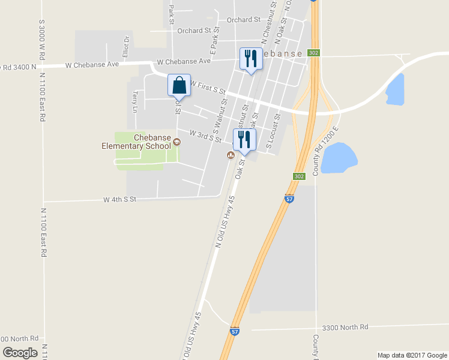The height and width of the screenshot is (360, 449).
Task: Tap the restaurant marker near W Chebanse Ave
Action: (250, 59)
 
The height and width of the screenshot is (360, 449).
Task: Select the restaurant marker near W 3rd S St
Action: (244, 140)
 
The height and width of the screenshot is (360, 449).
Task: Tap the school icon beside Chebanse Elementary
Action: (177, 142)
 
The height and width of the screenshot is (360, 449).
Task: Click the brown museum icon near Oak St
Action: (230, 156)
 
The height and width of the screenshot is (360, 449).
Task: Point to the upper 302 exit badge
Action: (314, 53)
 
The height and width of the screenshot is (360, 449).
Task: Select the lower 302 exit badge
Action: (300, 176)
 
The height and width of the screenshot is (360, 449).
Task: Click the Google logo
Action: (20, 353)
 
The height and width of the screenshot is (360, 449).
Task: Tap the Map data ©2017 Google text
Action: (412, 355)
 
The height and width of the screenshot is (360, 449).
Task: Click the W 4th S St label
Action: (120, 199)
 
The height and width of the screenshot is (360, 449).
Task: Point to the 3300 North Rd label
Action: (345, 327)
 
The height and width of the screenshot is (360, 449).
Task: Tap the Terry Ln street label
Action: (134, 102)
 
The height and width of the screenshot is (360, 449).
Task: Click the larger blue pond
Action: (339, 158)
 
